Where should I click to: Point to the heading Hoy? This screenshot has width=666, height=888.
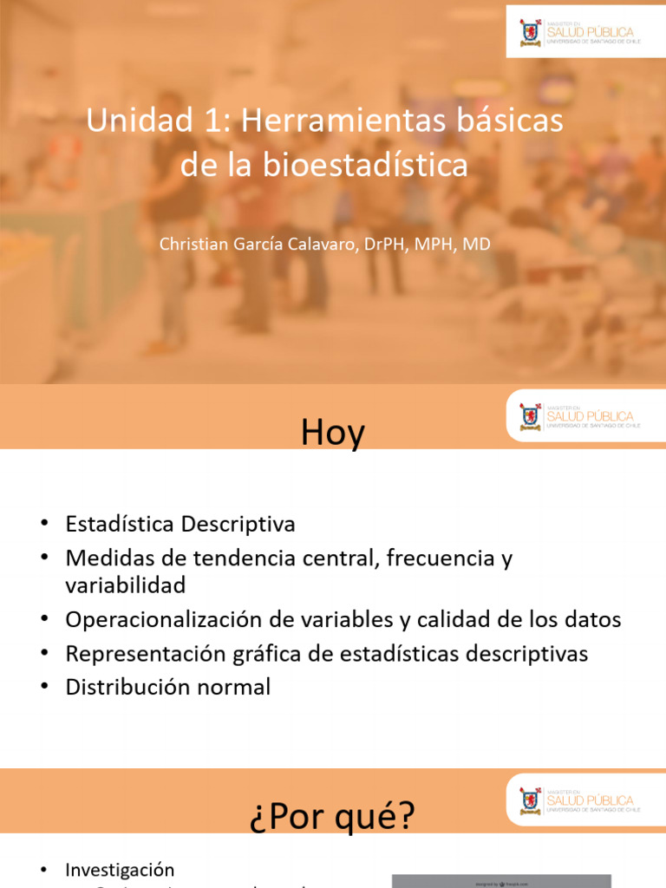[333, 433]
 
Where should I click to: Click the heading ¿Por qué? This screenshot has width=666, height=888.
[333, 816]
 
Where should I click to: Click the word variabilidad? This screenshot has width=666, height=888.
[126, 585]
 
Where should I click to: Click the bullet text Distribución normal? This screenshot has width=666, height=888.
[168, 687]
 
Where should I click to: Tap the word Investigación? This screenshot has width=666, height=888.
[120, 870]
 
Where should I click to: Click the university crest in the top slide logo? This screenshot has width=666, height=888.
[529, 31]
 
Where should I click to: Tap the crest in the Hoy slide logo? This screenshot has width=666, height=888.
[529, 416]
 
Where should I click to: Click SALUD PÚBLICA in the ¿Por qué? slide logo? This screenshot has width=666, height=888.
[590, 800]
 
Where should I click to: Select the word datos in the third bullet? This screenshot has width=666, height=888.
[592, 620]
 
